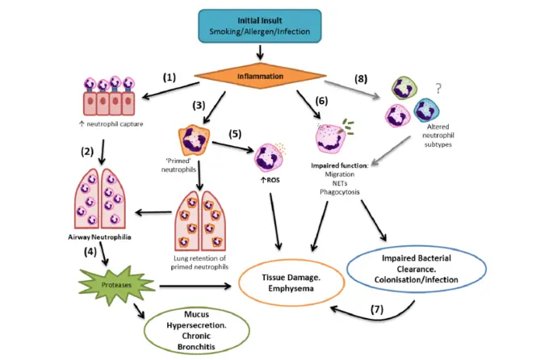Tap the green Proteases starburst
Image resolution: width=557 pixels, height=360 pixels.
pyautogui.click(x=115, y=284)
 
